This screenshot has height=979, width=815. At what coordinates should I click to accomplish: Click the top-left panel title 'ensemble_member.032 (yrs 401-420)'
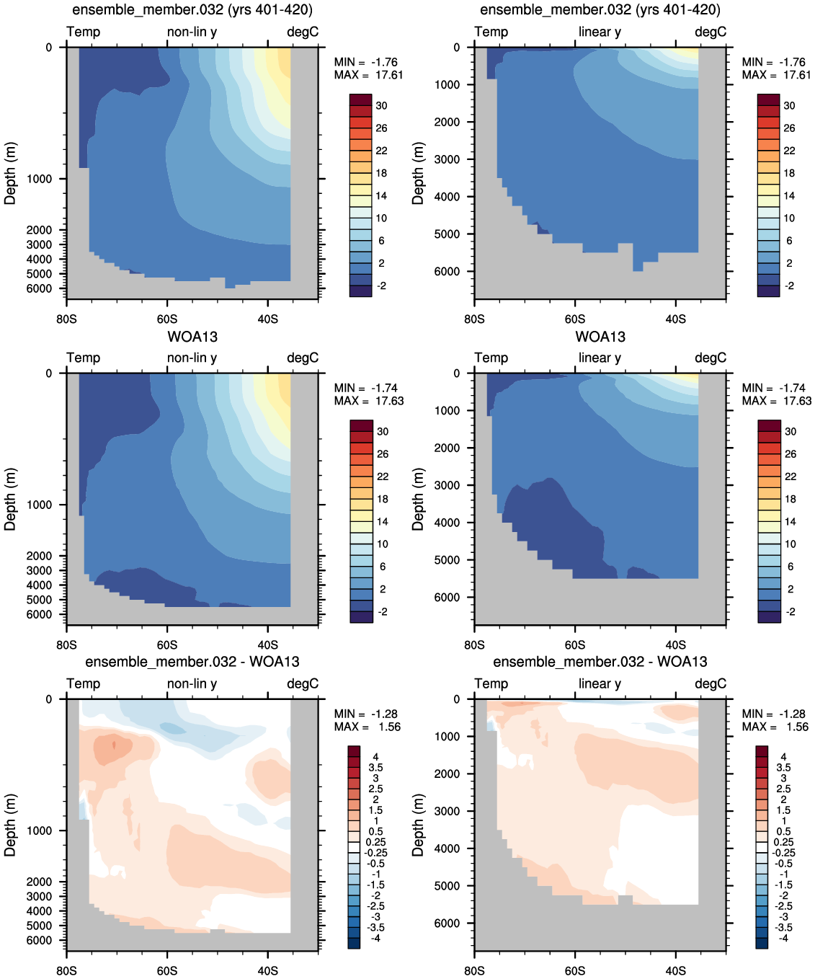[x=192, y=9]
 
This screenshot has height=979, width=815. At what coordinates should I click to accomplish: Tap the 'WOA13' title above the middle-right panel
[x=600, y=336]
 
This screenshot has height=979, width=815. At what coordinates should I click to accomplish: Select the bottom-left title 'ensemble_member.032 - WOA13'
[x=192, y=661]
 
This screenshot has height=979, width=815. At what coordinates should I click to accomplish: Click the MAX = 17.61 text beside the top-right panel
[x=776, y=75]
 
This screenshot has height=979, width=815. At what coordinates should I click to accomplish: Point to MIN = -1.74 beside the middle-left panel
[x=365, y=388]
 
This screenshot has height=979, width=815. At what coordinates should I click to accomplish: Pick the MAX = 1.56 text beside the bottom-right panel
[x=775, y=727]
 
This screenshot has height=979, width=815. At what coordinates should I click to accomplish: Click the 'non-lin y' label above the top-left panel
[x=192, y=32]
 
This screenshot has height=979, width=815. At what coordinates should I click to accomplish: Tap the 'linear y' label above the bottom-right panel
[x=600, y=683]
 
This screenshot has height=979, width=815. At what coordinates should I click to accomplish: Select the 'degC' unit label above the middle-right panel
[x=711, y=358]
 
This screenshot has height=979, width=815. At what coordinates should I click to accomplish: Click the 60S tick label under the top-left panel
[x=167, y=319]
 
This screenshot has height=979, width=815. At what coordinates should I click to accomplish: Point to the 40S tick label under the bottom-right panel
[x=675, y=970]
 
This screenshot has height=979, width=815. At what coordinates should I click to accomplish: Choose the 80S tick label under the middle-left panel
[x=66, y=644]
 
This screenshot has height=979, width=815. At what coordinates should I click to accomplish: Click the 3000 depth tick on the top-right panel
[x=447, y=159]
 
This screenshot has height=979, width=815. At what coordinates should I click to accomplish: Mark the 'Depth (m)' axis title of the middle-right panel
[x=417, y=500]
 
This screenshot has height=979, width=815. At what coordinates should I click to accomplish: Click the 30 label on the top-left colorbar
[x=381, y=105]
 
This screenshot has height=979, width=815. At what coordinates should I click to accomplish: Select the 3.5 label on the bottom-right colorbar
[x=783, y=768]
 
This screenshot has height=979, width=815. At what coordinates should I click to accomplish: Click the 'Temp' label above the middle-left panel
[x=83, y=358]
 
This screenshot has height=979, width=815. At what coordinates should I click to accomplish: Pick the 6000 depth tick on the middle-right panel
[x=447, y=598]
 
